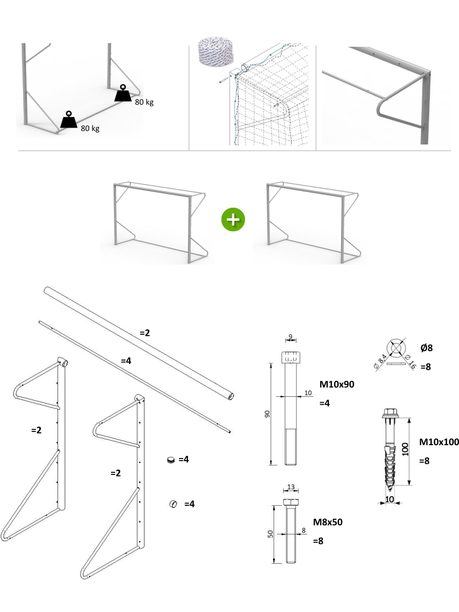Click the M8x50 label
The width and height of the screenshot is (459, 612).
pyautogui.click(x=327, y=522)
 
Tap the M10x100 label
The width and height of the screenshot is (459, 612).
pyautogui.click(x=439, y=441)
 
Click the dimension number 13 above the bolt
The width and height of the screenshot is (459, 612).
pyautogui.click(x=290, y=486)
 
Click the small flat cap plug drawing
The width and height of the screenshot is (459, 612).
pyautogui.click(x=171, y=460)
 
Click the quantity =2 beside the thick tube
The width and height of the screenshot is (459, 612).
pyautogui.click(x=144, y=333)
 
